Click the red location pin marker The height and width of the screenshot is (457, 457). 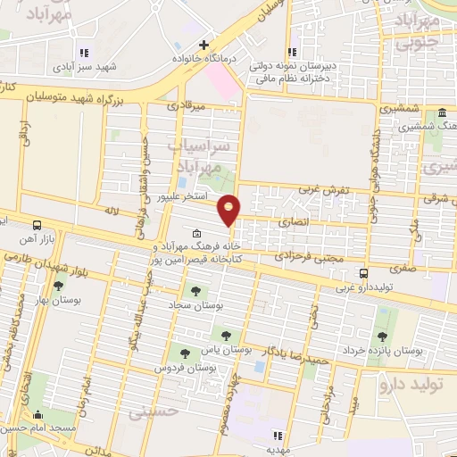point(229,209)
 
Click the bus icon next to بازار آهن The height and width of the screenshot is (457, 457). point(37,226)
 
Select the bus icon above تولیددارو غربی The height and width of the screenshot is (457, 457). point(363,273)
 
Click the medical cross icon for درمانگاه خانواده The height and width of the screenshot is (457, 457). point(204,44)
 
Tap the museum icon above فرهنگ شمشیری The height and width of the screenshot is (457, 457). point(443,113)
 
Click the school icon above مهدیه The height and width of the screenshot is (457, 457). point(277,436)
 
